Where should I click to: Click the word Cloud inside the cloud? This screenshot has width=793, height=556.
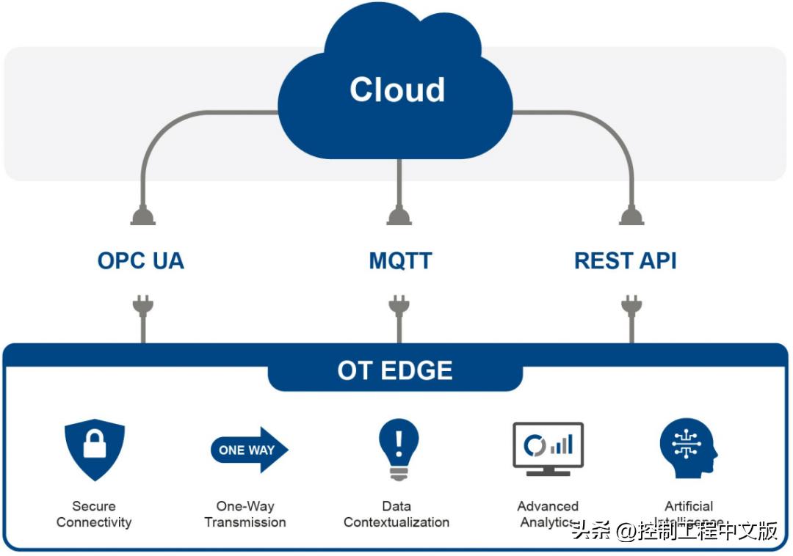pos(397,89)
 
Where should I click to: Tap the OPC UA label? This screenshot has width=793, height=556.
pos(140,260)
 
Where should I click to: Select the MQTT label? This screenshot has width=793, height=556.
pos(400,260)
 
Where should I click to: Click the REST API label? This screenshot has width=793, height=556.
pos(625,260)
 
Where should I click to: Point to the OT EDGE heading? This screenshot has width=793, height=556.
pos(395,370)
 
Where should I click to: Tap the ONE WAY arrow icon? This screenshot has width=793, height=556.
pos(249,449)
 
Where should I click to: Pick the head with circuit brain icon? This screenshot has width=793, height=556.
pos(688,448)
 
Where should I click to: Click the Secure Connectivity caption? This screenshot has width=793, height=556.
pos(94,514)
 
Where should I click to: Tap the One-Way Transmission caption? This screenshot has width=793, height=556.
pos(245,514)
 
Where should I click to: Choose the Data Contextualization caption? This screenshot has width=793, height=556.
pos(396,514)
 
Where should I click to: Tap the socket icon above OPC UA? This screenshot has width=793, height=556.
pos(142,215)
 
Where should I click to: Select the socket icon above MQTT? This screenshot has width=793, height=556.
pos(399,215)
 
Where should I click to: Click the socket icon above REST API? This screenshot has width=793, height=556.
pos(631,215)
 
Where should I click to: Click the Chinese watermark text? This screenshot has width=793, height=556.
pos(675,530)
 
